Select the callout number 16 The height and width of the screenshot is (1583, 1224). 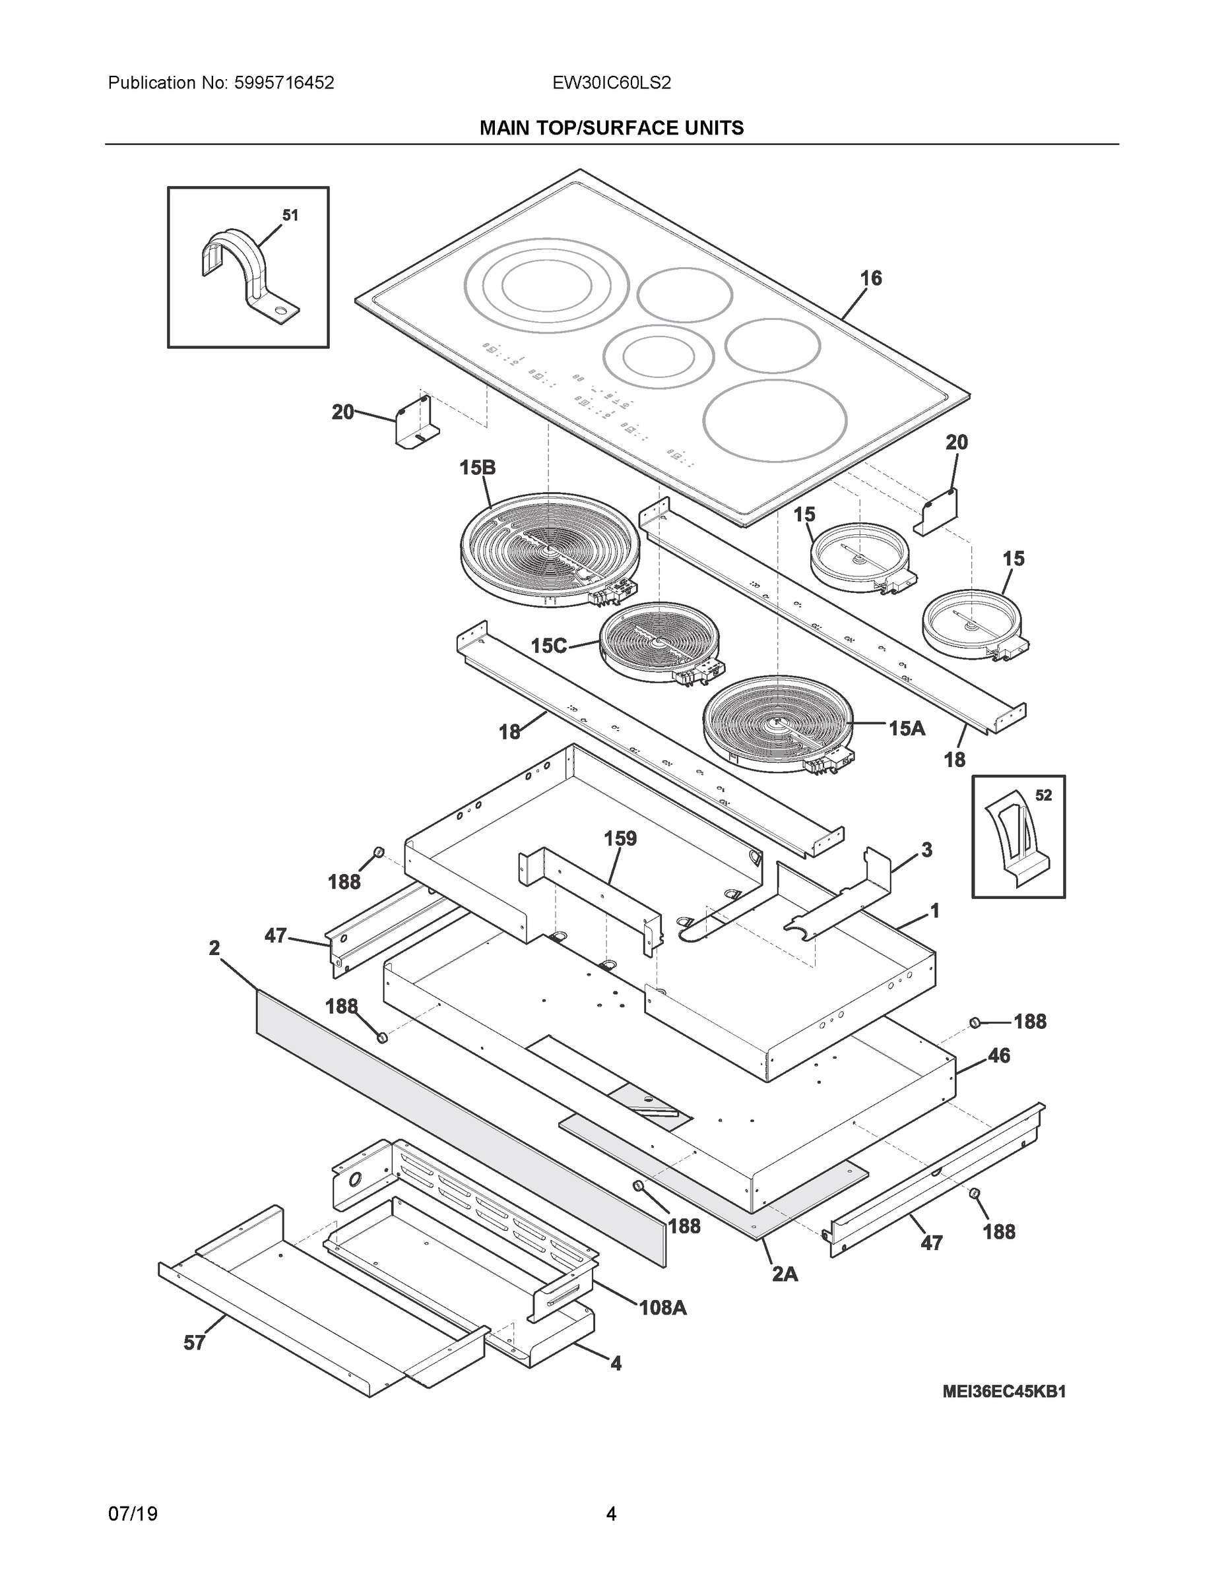click(x=871, y=278)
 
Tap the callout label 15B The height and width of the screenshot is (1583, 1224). click(x=477, y=468)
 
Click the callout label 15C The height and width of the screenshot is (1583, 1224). click(x=548, y=646)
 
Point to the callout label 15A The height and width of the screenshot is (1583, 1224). click(x=907, y=728)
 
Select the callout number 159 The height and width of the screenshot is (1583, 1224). click(x=620, y=838)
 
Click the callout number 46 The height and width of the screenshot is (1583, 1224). click(x=998, y=1056)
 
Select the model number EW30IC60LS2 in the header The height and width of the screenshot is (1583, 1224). click(x=611, y=83)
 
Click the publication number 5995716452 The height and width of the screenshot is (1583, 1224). click(x=284, y=83)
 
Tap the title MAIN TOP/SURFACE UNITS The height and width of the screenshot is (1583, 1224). click(x=611, y=129)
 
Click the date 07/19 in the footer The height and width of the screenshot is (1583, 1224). click(x=133, y=1514)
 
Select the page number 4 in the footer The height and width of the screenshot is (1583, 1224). click(x=611, y=1514)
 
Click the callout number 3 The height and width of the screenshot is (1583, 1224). click(x=926, y=850)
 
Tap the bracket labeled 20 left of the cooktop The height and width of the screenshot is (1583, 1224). click(x=415, y=423)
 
